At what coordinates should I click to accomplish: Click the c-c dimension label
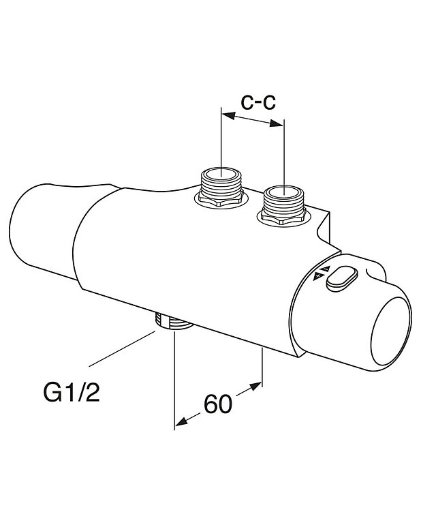coord(258,102)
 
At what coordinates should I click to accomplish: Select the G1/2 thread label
coord(72,393)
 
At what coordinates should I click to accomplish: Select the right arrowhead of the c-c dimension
coord(278,124)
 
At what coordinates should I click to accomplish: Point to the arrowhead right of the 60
coord(257,387)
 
